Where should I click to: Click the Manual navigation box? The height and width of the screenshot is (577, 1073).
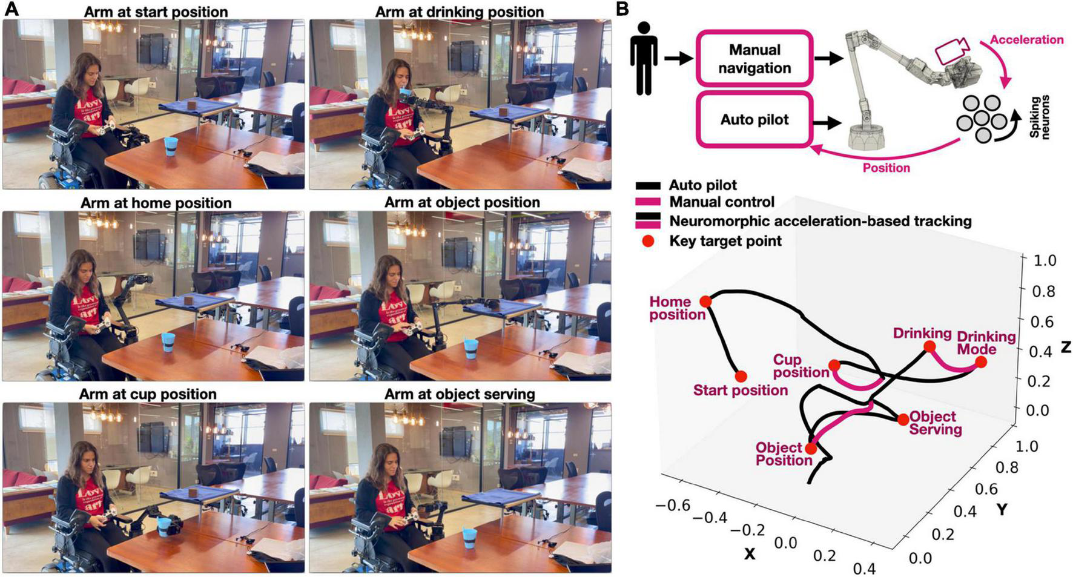point(754,59)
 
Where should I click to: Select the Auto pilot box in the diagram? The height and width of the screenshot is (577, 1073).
point(754,119)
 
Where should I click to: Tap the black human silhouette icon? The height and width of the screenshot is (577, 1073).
point(644,58)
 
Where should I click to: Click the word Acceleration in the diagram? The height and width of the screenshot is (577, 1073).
point(1026,39)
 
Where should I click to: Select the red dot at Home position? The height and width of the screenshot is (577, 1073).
point(705,302)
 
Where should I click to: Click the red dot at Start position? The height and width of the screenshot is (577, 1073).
point(741,377)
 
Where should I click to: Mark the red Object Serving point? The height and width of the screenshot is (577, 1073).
point(903,419)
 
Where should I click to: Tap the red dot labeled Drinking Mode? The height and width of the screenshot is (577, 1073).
point(981,362)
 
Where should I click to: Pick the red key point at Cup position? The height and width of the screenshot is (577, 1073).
point(834,365)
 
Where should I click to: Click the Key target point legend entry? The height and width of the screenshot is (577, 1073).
point(725,241)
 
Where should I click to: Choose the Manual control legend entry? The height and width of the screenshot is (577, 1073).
point(721,202)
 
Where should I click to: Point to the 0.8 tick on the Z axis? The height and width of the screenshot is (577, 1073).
point(1043,291)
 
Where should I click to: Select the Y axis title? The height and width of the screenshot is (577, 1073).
point(1002,510)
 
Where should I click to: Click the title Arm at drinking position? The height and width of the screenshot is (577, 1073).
point(459,12)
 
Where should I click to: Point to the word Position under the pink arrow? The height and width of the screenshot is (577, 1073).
point(886,168)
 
